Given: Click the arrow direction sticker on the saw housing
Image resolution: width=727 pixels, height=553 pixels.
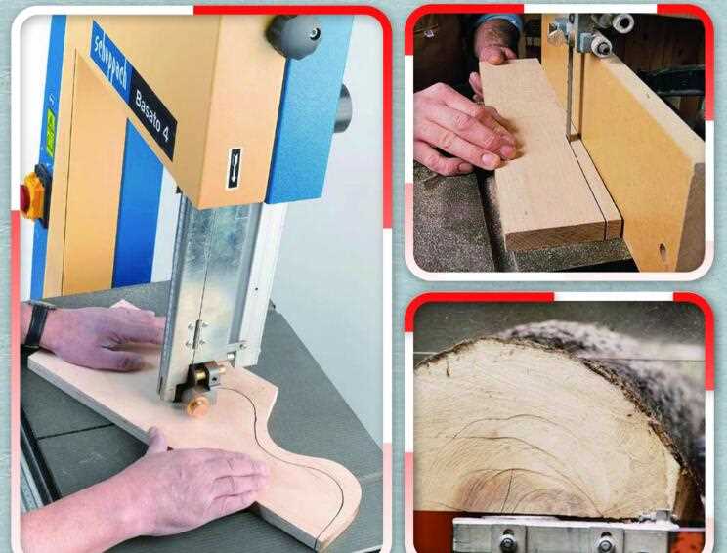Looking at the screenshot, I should coord(235,167).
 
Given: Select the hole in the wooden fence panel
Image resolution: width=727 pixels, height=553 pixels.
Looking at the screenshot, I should coord(663,251).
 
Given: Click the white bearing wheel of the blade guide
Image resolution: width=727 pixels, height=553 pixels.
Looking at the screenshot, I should coord(622,23).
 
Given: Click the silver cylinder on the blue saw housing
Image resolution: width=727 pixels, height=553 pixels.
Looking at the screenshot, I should coord(342,107).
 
